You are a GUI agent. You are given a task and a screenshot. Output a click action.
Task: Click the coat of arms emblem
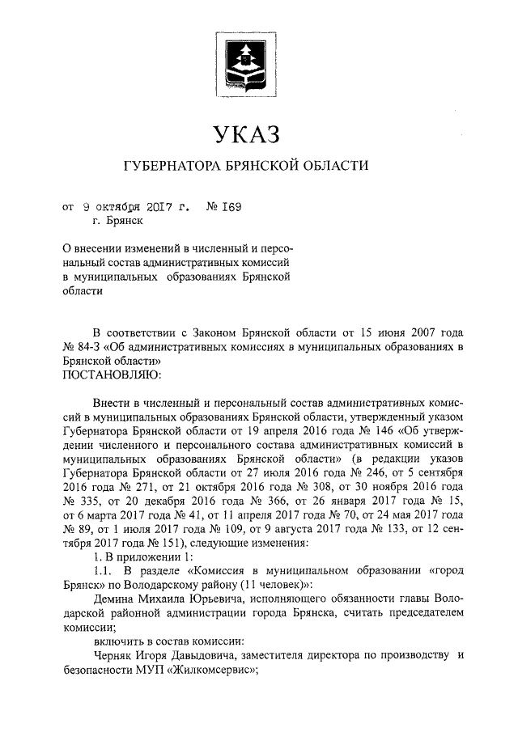244,61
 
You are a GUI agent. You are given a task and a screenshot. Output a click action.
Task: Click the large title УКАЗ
244,131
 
